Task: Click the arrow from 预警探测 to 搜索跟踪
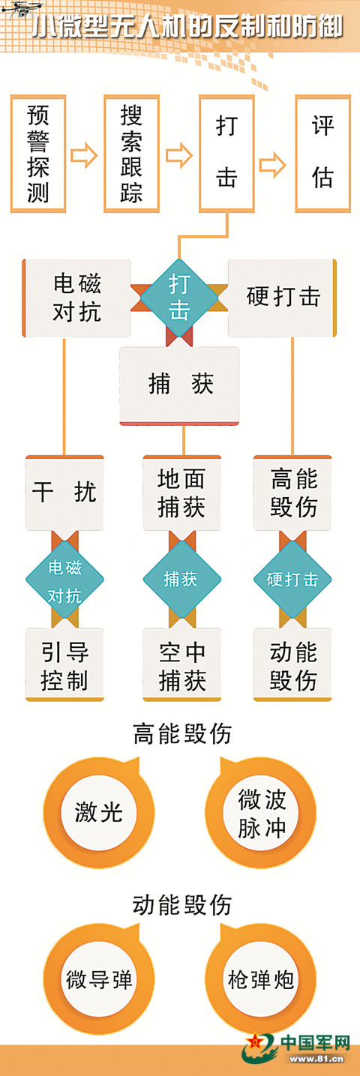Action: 85,154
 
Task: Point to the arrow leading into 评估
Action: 273,165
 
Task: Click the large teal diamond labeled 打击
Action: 179,298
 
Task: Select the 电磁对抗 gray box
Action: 76,298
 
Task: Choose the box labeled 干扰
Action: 64,493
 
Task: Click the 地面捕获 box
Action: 182,493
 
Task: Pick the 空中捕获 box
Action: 182,665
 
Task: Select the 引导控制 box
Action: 64,665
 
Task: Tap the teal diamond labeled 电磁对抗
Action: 64,580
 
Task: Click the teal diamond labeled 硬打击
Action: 292,580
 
